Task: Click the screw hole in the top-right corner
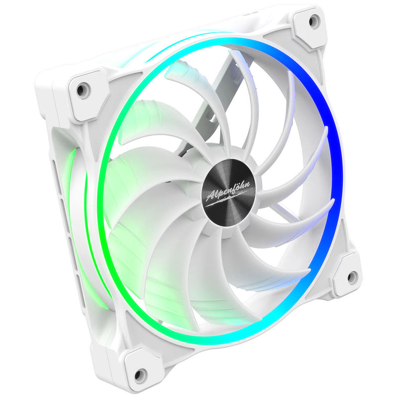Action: click(x=314, y=21)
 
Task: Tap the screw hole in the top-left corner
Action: click(x=81, y=90)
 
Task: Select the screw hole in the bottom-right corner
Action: click(x=352, y=277)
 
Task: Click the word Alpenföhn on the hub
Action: click(x=229, y=191)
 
